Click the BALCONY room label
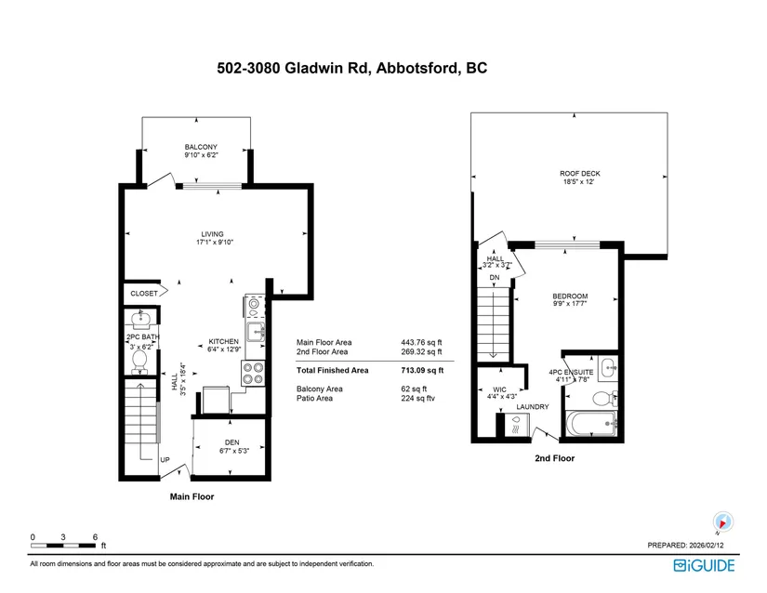(201, 147)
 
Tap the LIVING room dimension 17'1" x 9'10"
(215, 242)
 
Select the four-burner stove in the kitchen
(254, 373)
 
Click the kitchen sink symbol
(256, 332)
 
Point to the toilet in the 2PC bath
(139, 362)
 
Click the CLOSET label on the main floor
(144, 294)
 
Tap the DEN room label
(231, 442)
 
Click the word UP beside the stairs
(165, 460)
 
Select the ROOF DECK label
(579, 174)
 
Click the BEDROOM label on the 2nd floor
(570, 296)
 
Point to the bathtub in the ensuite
(591, 423)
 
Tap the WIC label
(499, 389)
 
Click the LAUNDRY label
(533, 407)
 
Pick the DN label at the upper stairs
(495, 278)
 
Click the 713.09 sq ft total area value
(422, 371)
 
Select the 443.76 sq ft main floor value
(421, 342)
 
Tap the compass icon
(722, 521)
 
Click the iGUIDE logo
(704, 566)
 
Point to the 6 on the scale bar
(95, 537)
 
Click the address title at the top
(352, 68)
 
